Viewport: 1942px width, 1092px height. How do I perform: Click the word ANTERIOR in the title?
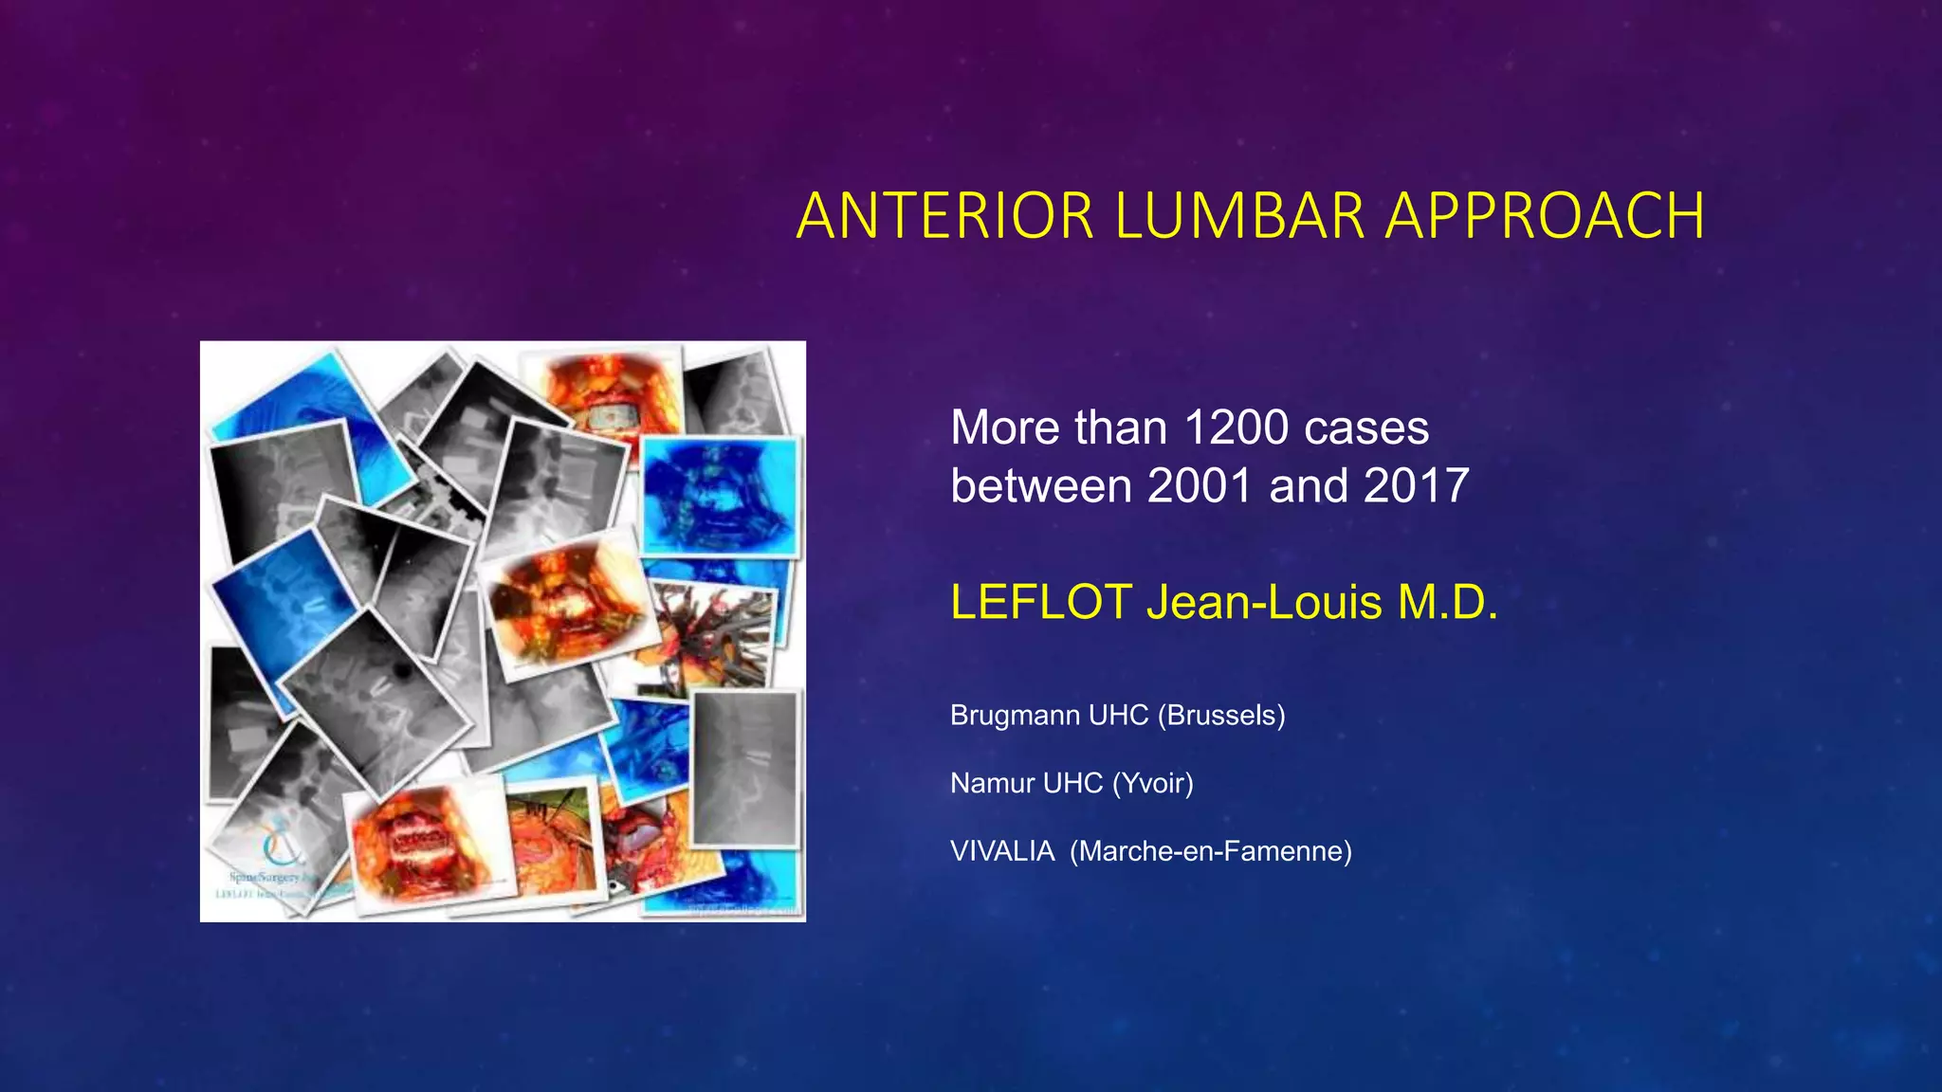[945, 216]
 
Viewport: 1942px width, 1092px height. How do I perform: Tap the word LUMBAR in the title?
[1239, 216]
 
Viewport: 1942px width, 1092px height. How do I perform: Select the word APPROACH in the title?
[1545, 216]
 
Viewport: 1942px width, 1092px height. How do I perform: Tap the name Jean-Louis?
[1264, 602]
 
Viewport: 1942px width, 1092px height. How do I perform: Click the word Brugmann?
[1015, 716]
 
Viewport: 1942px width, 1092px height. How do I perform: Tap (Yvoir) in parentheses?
[1152, 784]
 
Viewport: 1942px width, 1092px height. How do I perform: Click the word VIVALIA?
[1002, 851]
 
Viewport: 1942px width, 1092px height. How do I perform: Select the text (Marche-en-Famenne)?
[1211, 851]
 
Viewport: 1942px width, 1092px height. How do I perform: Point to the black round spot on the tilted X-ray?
[402, 671]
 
